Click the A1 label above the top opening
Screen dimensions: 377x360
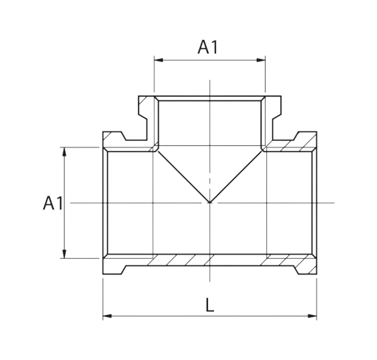[x=208, y=46]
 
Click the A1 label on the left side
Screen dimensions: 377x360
[x=53, y=203]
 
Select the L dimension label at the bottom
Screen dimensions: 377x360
[x=210, y=305]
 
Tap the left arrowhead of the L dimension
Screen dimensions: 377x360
[x=107, y=316]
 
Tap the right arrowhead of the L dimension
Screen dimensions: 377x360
[x=313, y=316]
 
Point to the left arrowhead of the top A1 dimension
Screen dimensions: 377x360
[x=159, y=60]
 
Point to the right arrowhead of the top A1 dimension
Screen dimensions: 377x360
[x=261, y=60]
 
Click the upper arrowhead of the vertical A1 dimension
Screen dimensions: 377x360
[x=64, y=151]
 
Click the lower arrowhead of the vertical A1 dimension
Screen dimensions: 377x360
[x=64, y=254]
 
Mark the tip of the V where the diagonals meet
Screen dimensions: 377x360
[x=210, y=202]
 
